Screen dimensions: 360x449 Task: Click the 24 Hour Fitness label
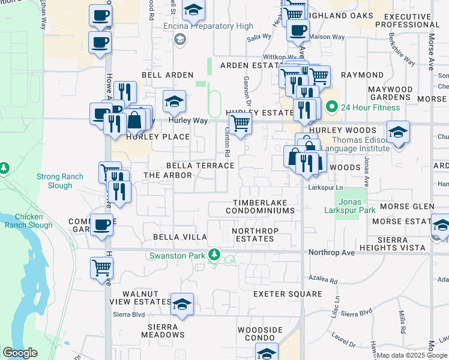[370, 108]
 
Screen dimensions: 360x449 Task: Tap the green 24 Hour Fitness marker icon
[331, 108]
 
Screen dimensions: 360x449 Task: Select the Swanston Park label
[177, 256]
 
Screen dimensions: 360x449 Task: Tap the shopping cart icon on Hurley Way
[240, 124]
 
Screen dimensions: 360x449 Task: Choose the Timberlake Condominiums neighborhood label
[261, 207]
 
